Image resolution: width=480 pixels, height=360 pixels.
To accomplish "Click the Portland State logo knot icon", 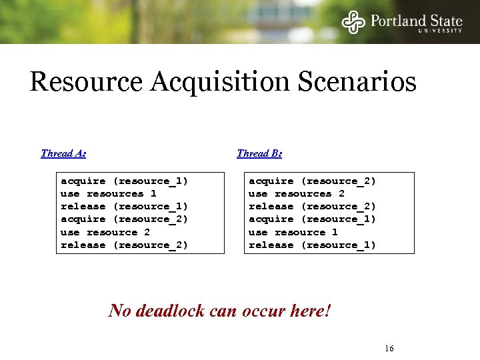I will (x=354, y=22).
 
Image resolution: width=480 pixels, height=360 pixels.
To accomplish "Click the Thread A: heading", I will (x=63, y=153).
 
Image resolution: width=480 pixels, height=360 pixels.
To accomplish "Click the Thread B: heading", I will (x=259, y=153).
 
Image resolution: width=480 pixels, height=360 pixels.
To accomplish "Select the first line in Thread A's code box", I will (x=124, y=181).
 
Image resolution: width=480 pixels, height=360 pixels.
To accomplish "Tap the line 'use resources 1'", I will (x=108, y=193).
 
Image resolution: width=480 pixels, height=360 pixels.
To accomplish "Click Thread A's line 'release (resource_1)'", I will (x=124, y=206).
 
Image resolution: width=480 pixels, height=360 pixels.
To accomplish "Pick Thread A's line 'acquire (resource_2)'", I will (x=124, y=219).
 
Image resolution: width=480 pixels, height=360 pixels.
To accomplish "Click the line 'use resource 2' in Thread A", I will (x=105, y=232).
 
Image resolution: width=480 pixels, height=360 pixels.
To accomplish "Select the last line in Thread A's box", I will (x=124, y=245).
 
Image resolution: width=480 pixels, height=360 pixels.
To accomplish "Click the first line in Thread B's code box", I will (x=312, y=181).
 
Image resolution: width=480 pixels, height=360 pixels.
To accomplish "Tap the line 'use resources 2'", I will (x=296, y=193).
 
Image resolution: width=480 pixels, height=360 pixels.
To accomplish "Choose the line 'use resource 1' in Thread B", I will (x=293, y=232).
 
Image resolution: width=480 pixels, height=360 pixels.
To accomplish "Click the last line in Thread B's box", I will (x=312, y=245).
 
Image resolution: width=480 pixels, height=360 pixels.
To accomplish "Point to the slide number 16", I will (x=389, y=349).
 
